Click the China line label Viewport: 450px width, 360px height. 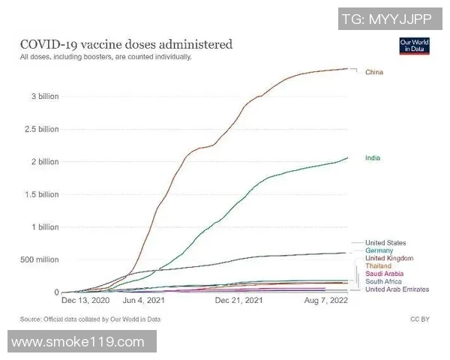374,73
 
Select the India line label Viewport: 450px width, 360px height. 373,159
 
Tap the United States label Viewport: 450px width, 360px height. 385,242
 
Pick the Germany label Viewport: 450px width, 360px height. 380,250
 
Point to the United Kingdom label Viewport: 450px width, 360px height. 388,258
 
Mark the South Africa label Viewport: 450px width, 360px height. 383,281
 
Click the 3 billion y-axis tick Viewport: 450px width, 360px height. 42,97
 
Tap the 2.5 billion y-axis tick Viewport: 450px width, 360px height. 39,129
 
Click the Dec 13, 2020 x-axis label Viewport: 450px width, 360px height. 85,301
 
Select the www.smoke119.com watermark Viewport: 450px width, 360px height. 78,342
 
